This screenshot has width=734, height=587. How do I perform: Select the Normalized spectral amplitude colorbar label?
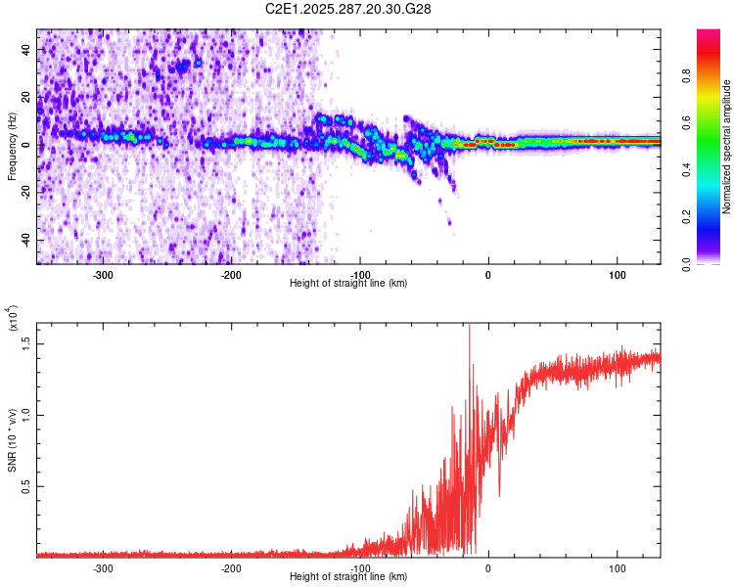pos(726,147)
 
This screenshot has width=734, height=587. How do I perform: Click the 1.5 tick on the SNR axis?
pos(26,341)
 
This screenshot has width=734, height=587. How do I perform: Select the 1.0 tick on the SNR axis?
pos(26,414)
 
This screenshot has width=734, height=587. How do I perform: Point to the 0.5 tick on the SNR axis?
pos(26,486)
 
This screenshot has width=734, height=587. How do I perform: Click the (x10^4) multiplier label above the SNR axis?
pos(13,321)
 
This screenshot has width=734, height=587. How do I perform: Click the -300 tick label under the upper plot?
pos(103,275)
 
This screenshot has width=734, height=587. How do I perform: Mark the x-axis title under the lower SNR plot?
pos(348,577)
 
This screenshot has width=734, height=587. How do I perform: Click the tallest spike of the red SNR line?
pos(470,327)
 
